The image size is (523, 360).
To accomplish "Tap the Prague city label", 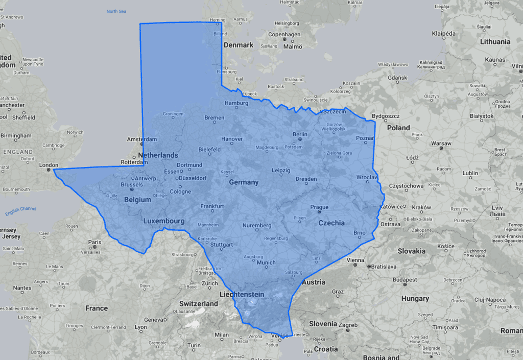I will [x=319, y=207].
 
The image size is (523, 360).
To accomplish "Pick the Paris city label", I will [x=94, y=242].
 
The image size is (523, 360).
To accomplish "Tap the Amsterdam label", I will [x=141, y=139].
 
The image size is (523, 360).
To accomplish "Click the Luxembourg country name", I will [x=163, y=221].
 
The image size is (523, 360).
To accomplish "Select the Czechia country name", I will [x=331, y=223].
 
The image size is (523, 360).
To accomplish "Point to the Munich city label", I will [x=266, y=262].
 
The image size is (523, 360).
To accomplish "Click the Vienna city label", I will [x=355, y=260].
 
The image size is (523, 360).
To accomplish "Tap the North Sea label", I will [x=116, y=11].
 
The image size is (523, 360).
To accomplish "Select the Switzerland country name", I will [x=199, y=303].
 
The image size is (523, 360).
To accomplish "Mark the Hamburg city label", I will [x=236, y=103].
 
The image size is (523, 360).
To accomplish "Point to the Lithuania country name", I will [x=494, y=41].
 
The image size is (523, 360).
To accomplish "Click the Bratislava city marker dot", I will [x=368, y=266].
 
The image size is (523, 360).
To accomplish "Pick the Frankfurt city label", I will [x=212, y=206].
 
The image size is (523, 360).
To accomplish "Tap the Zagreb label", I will [x=348, y=325].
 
